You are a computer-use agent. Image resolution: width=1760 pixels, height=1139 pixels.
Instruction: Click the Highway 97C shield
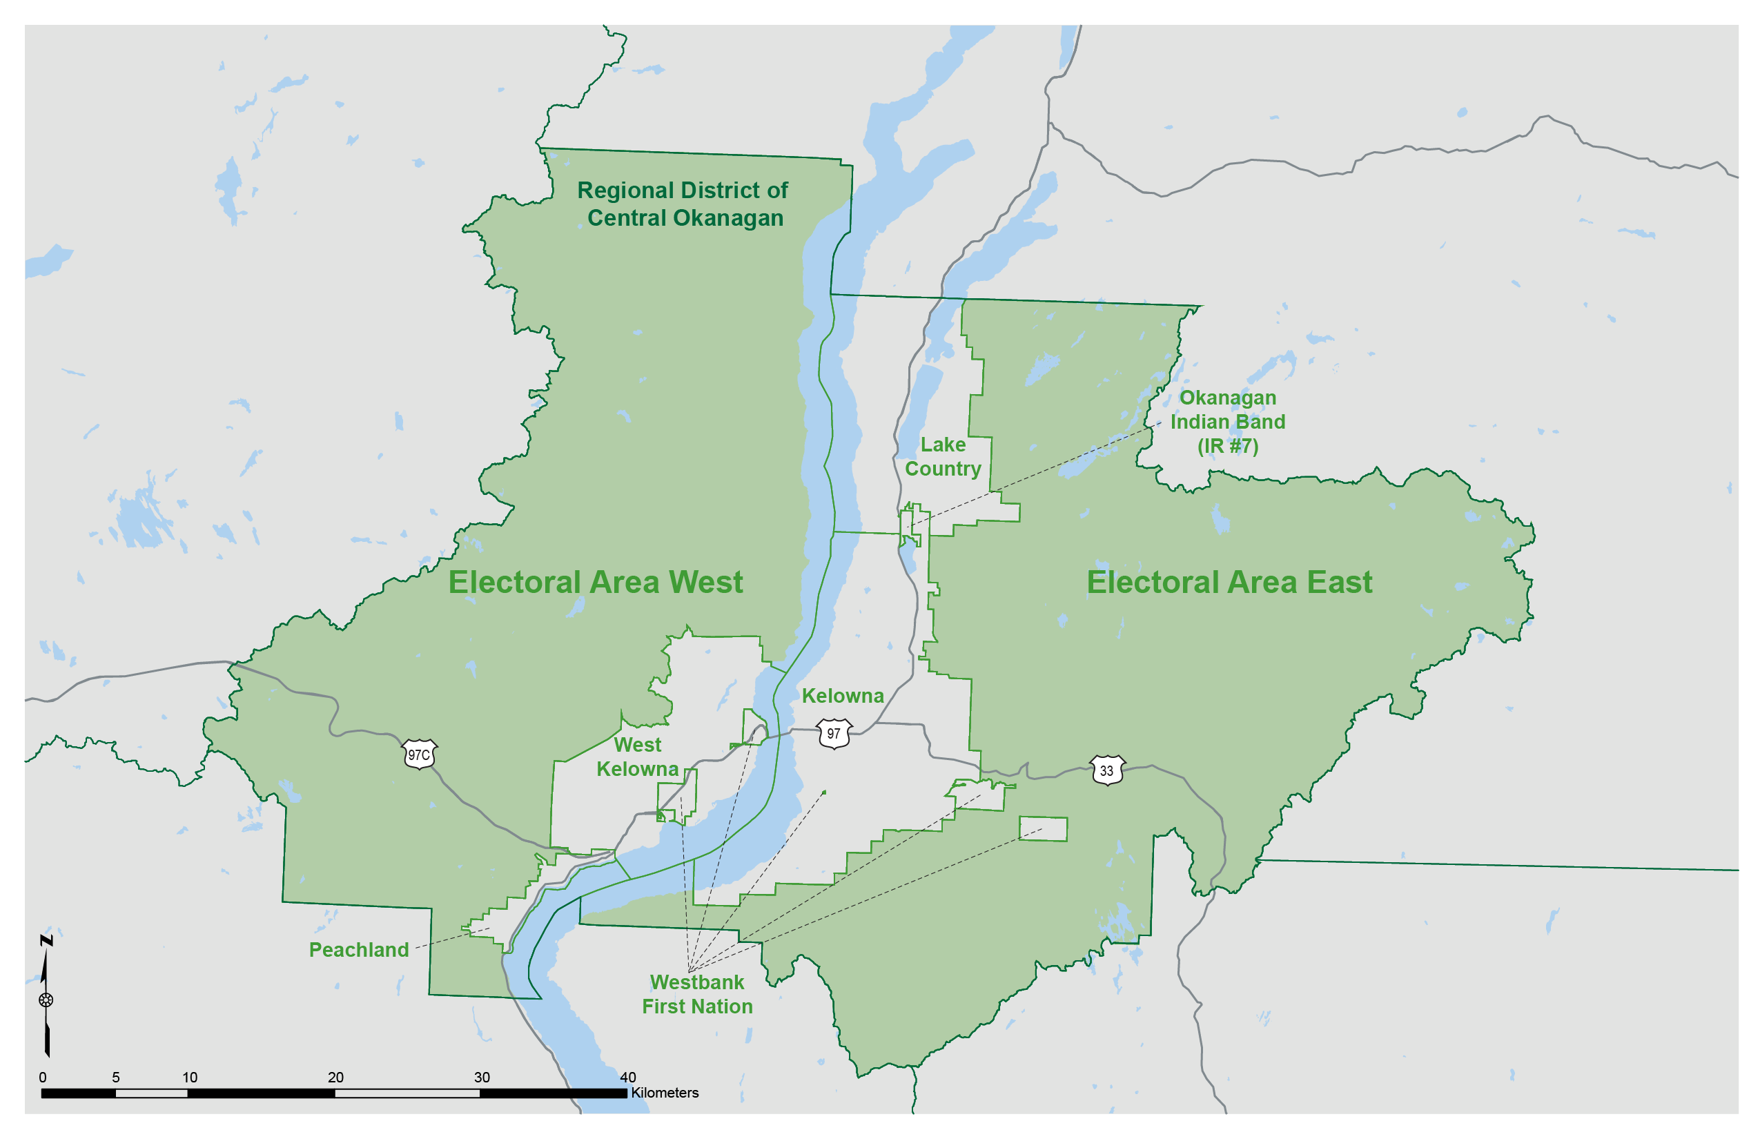pyautogui.click(x=420, y=755)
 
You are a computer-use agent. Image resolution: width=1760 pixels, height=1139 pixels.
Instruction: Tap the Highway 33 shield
pyautogui.click(x=1106, y=770)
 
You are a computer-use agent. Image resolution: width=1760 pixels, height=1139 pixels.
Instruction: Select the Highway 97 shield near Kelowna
pyautogui.click(x=834, y=734)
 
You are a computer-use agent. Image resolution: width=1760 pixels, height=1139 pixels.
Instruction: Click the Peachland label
pyautogui.click(x=359, y=950)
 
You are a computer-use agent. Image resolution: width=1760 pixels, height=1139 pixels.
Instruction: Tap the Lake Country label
pyautogui.click(x=943, y=456)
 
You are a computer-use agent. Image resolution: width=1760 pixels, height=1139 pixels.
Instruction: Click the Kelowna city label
pyautogui.click(x=842, y=696)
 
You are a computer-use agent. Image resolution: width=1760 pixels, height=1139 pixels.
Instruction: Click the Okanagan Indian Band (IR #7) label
pyautogui.click(x=1228, y=422)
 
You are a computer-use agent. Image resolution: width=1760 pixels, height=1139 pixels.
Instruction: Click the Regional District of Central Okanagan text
pyautogui.click(x=683, y=204)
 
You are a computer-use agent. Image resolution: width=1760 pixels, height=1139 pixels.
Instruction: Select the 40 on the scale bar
pyautogui.click(x=628, y=1077)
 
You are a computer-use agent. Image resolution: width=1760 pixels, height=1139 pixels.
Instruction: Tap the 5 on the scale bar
pyautogui.click(x=115, y=1077)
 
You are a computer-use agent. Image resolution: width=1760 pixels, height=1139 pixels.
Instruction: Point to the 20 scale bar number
pyautogui.click(x=335, y=1077)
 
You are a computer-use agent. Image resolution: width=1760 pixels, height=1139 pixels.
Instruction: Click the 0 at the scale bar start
pyautogui.click(x=43, y=1077)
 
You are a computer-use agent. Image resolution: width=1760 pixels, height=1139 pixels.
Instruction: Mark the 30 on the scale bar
pyautogui.click(x=482, y=1077)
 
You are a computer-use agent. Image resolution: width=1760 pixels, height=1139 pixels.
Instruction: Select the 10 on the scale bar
pyautogui.click(x=189, y=1077)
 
